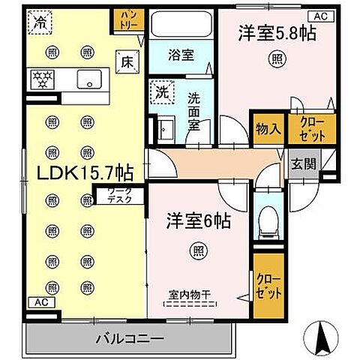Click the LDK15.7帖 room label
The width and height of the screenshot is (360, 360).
click(75, 173)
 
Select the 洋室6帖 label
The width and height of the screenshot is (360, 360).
click(198, 221)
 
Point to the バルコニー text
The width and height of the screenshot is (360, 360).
click(129, 338)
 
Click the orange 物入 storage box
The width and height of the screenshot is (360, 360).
click(268, 129)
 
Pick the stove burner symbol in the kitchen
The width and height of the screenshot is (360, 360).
click(42, 77)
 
